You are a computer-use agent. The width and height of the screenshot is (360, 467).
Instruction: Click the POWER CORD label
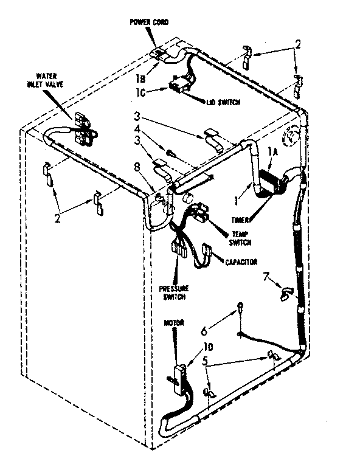[x=148, y=22]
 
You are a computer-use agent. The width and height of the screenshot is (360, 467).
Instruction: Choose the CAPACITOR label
[x=241, y=261]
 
